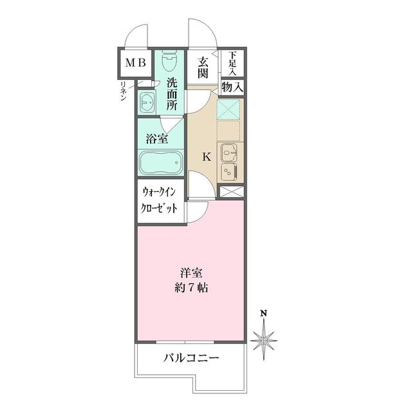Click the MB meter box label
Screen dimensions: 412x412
tap(135, 63)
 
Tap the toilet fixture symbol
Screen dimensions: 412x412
tap(169, 62)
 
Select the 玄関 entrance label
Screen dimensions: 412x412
tap(203, 68)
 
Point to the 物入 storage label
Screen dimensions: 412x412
tap(232, 86)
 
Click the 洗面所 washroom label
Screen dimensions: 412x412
tap(172, 95)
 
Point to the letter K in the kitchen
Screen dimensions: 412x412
tap(207, 156)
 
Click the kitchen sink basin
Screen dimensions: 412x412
tap(229, 153)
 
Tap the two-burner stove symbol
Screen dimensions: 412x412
tap(229, 172)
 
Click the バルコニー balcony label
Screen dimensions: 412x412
tap(191, 358)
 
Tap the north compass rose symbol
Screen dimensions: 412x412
tap(264, 337)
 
